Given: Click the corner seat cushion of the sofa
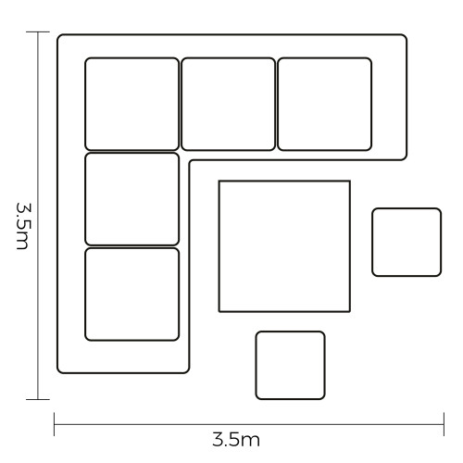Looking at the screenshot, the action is point(131,104).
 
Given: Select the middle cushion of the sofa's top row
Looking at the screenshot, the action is point(228,104).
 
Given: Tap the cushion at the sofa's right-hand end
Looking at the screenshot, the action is point(325,104).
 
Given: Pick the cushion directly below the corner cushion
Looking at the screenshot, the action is point(131,199).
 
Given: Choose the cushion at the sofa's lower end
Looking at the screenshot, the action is point(131,294).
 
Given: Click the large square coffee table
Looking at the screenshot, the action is point(284,246).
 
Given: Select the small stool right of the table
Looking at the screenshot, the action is point(407,243).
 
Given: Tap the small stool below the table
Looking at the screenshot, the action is point(290,366).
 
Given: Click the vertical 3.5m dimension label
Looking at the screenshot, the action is point(22,226).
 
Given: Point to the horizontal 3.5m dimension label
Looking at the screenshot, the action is point(236,440).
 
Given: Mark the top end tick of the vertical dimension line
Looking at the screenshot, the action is point(38,31).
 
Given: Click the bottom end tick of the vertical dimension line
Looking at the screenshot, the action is point(38,399).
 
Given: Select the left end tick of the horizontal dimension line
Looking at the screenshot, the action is point(55,424).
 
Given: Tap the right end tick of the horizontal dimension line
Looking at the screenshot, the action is point(444,424).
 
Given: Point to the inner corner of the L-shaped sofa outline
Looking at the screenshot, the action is point(190,161).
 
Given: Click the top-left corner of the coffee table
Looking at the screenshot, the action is point(219,181).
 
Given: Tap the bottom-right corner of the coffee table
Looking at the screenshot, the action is point(350,311).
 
